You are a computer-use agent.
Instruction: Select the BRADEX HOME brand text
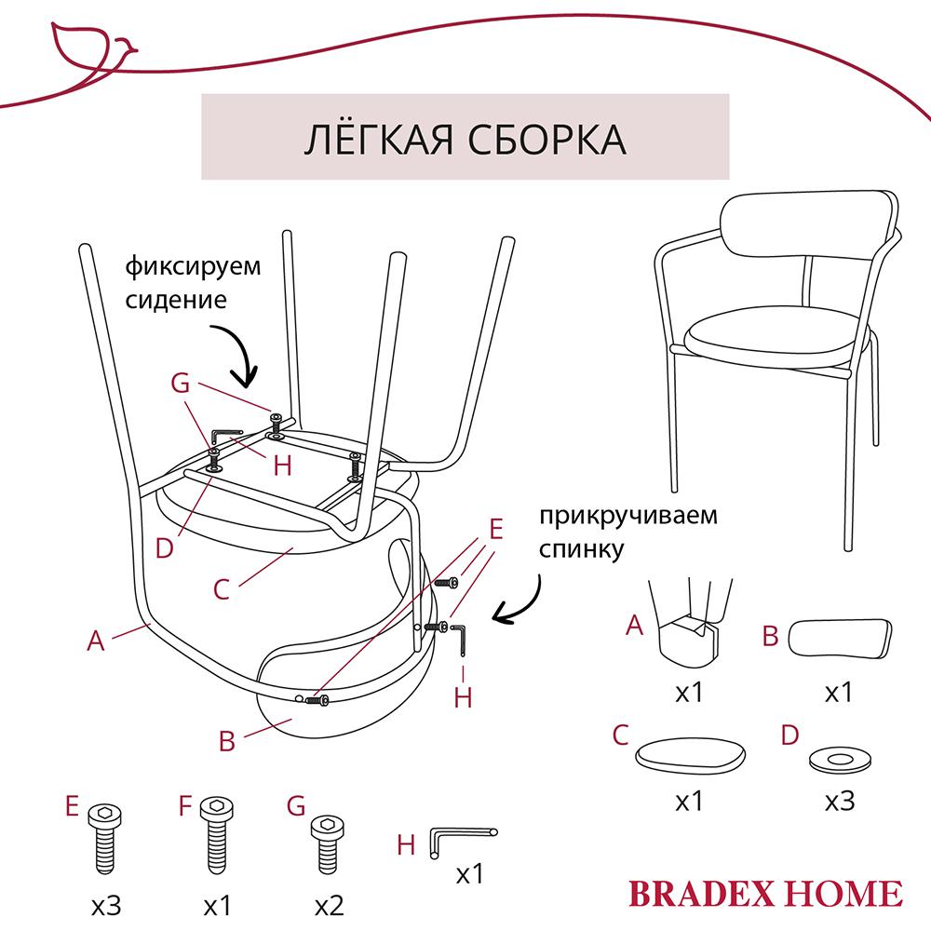point(765,892)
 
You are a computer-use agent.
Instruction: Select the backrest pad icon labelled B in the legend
point(840,641)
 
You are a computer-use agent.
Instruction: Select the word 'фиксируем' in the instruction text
point(194,266)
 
